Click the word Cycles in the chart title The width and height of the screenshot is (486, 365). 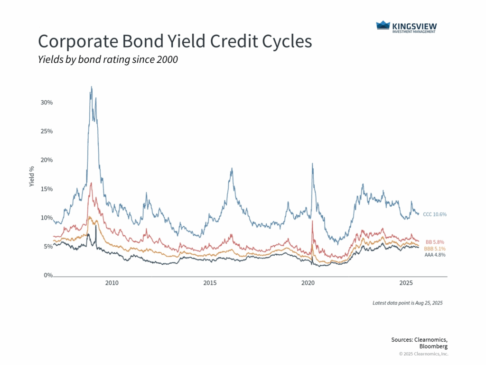287,41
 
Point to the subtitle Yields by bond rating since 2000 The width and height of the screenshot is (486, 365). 108,60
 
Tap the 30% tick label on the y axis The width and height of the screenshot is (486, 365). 46,102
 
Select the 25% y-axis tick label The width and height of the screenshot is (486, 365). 46,131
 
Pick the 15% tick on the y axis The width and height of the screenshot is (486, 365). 46,189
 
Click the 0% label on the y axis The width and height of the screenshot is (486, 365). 47,275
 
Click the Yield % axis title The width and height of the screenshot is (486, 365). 32,176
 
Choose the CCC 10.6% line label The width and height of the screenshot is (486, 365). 434,214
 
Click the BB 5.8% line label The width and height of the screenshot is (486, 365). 435,242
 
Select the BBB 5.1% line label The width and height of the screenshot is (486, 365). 434,249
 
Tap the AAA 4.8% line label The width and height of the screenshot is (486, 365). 434,255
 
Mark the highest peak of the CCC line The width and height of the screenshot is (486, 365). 91,87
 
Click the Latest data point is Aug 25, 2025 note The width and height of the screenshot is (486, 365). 407,303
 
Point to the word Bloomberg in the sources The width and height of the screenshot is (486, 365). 432,346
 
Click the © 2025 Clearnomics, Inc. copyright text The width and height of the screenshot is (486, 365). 423,354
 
